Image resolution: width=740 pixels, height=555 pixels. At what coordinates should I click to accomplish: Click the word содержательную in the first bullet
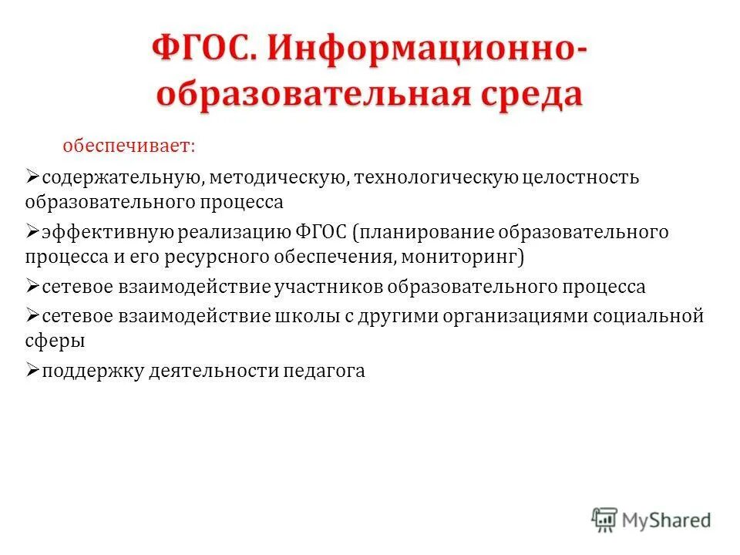(122, 178)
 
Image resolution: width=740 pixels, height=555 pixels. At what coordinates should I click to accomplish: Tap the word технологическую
(436, 178)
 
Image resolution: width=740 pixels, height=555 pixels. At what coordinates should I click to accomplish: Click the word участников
(329, 288)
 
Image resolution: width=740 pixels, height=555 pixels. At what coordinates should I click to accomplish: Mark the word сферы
(54, 340)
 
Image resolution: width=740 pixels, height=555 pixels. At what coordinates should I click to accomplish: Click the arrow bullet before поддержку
(32, 370)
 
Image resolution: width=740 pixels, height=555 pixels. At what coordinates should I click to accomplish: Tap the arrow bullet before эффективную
(32, 231)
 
